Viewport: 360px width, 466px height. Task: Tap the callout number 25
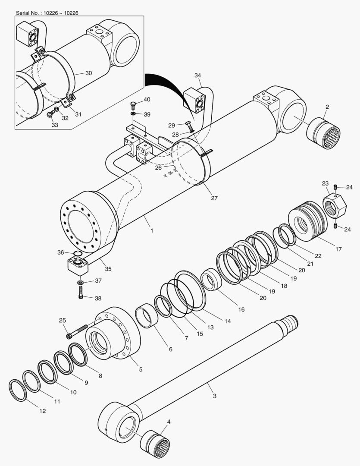63,320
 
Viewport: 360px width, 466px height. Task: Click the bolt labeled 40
133,104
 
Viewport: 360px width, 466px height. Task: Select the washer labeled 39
134,113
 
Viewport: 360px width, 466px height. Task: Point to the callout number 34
197,76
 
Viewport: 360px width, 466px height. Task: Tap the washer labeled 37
81,283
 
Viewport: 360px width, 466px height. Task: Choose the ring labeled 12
18,390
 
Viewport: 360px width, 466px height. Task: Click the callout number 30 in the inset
88,73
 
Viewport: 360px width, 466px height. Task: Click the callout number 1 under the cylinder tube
151,231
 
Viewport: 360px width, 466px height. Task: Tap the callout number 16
241,309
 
